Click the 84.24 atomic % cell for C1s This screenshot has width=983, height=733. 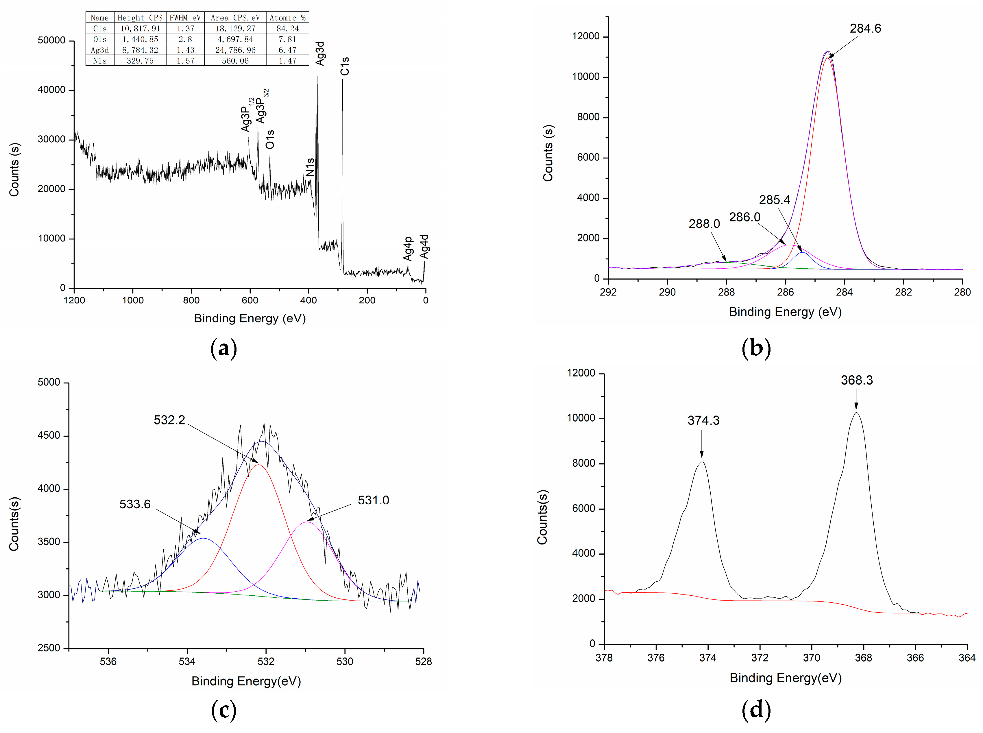pyautogui.click(x=287, y=28)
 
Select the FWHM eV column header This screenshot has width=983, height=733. pyautogui.click(x=185, y=18)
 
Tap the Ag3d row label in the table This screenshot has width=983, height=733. pyautogui.click(x=100, y=50)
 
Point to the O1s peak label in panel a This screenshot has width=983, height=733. pyautogui.click(x=270, y=139)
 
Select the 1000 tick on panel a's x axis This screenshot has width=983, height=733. pyautogui.click(x=133, y=300)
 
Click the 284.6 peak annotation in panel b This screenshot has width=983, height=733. pyautogui.click(x=865, y=28)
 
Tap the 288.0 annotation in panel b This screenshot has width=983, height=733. pyautogui.click(x=704, y=224)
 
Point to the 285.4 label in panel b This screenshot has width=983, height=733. pyautogui.click(x=775, y=200)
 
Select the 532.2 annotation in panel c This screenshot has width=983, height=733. pyautogui.click(x=169, y=420)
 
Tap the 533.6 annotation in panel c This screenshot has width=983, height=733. pyautogui.click(x=135, y=504)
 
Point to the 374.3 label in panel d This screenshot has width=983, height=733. pyautogui.click(x=703, y=420)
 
